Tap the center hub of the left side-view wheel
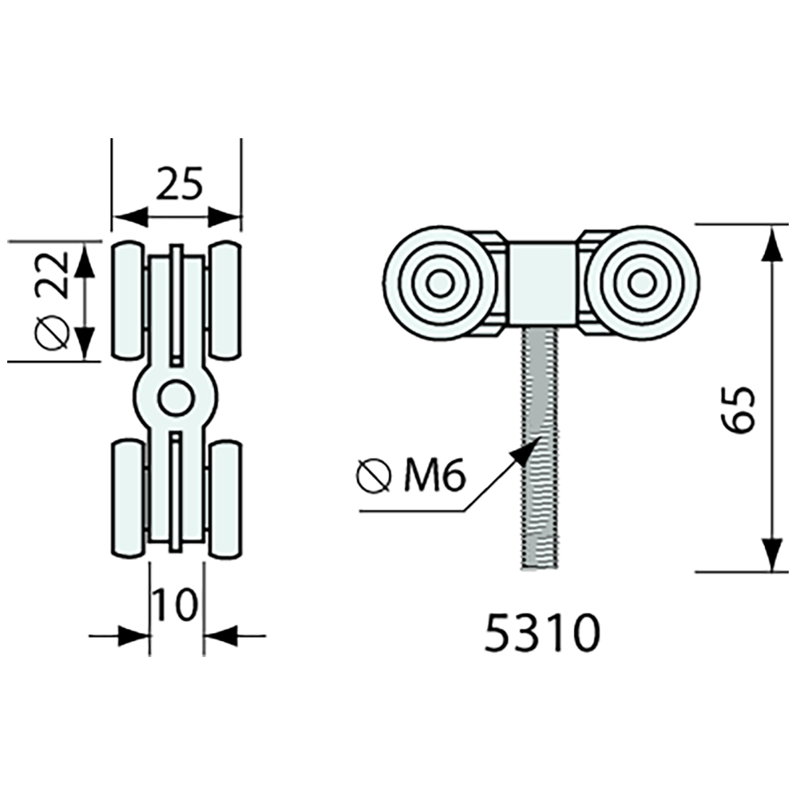[439, 283]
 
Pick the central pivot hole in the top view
[176, 397]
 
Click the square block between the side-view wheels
[542, 283]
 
